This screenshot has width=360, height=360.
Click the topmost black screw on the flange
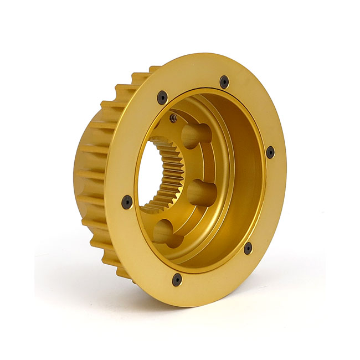(224, 82)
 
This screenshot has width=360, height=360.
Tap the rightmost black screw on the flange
(270, 152)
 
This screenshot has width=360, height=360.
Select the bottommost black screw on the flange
(177, 279)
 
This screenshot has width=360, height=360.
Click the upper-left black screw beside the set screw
(162, 97)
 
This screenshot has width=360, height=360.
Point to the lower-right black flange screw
(248, 248)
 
